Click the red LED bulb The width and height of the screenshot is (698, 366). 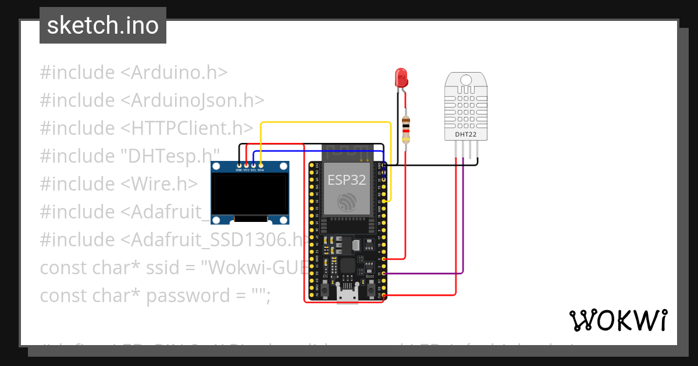tap(401, 77)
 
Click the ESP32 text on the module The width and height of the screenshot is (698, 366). tap(347, 180)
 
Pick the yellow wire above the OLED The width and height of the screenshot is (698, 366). tap(326, 123)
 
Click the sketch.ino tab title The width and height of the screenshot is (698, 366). tap(103, 26)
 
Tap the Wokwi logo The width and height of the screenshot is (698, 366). tap(618, 320)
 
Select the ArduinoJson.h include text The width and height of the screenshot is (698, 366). tap(193, 100)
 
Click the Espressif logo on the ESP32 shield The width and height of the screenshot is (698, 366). tap(347, 201)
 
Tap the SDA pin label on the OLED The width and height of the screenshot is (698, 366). tap(261, 170)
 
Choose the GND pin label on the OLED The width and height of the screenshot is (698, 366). tap(239, 170)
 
